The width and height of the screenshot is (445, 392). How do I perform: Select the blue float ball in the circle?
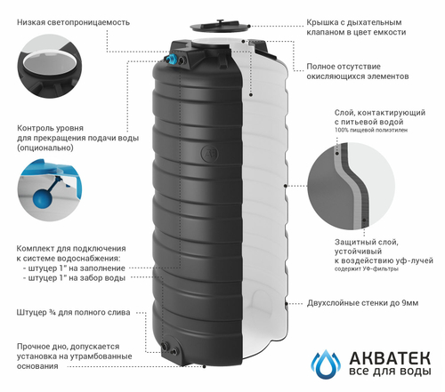click(x=43, y=200)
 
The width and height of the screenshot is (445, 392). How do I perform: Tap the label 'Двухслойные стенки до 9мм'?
click(x=369, y=304)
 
